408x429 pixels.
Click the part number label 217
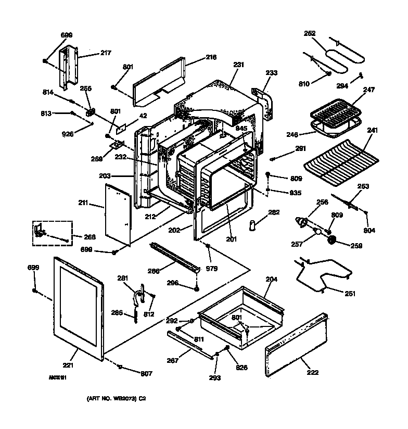(106, 53)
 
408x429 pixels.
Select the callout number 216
(196, 57)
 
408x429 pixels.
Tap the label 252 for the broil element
(310, 33)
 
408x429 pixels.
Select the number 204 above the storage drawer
(271, 279)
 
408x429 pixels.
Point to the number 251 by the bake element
(350, 294)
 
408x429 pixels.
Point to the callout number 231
(238, 65)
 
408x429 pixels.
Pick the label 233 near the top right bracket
(271, 73)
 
